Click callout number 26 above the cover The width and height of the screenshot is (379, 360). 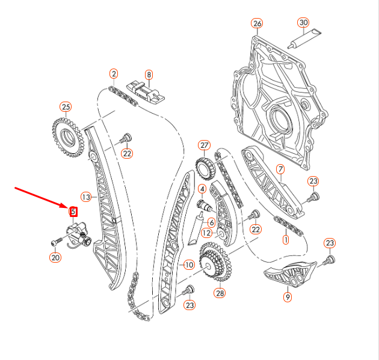257,23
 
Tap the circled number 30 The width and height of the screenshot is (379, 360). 303,23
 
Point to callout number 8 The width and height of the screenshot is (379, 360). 149,75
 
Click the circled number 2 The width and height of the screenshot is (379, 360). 113,74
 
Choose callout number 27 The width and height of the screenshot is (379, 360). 204,145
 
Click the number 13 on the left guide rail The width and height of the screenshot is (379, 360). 85,197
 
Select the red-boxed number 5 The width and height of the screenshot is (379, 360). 73,212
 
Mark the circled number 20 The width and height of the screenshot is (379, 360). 55,258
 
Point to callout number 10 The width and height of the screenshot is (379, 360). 188,264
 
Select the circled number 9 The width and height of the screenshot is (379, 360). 288,296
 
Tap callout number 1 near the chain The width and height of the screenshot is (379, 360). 285,240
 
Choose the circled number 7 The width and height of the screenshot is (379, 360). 280,169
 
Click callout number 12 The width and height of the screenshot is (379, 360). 206,233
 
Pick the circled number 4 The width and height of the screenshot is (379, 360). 202,188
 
